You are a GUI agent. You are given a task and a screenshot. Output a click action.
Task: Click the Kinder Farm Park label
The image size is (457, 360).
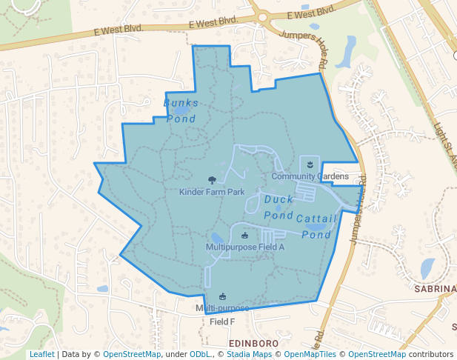tap(212, 192)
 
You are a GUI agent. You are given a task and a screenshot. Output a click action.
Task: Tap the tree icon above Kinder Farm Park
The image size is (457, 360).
tap(213, 179)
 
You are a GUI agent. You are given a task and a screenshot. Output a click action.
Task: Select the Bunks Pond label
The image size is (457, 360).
tap(180, 110)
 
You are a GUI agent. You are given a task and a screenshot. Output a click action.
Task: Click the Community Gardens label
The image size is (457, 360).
tap(310, 176)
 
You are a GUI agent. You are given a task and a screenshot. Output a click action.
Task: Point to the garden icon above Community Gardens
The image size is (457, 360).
tap(310, 163)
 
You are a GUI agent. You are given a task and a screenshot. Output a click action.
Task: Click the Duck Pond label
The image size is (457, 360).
tap(279, 207)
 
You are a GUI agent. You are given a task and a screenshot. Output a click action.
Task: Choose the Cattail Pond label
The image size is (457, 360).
tap(316, 227)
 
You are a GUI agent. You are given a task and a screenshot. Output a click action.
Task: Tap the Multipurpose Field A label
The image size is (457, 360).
tap(244, 247)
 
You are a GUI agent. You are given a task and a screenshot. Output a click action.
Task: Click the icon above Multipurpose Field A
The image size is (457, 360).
tap(245, 236)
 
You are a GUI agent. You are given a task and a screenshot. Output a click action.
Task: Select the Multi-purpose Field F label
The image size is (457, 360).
tap(222, 315)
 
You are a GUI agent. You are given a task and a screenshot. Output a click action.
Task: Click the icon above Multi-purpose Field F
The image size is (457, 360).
tap(222, 296)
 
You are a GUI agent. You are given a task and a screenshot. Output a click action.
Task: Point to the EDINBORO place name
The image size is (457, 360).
tap(253, 344)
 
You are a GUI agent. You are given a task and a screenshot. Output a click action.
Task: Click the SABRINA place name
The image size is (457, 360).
tap(435, 289)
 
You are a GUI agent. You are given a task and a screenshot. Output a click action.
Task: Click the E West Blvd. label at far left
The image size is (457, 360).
tap(118, 31)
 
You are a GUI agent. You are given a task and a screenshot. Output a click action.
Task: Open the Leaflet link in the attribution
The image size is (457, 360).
tap(41, 354)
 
